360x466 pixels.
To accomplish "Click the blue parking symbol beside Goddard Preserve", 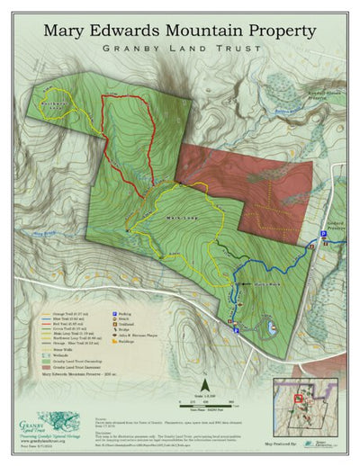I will pos(324,235).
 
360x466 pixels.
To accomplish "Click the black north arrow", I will pos(204,363).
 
